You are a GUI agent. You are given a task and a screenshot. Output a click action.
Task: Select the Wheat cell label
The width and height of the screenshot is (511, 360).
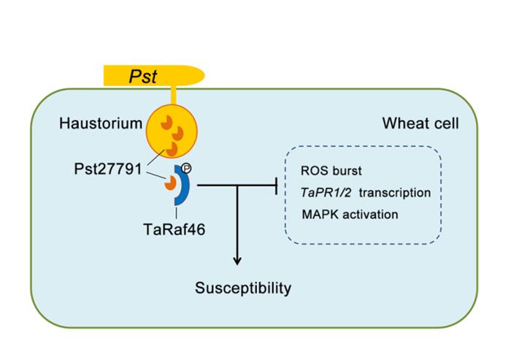420,123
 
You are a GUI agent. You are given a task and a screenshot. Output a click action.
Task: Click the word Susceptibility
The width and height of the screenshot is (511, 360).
243,288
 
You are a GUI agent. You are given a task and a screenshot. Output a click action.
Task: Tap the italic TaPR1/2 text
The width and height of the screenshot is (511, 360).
320,193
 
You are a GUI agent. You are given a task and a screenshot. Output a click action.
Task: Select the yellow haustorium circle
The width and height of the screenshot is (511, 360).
172,131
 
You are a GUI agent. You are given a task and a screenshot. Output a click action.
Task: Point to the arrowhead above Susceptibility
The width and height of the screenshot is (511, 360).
237,260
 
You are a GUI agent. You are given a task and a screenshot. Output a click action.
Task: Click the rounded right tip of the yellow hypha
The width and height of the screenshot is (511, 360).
200,74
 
